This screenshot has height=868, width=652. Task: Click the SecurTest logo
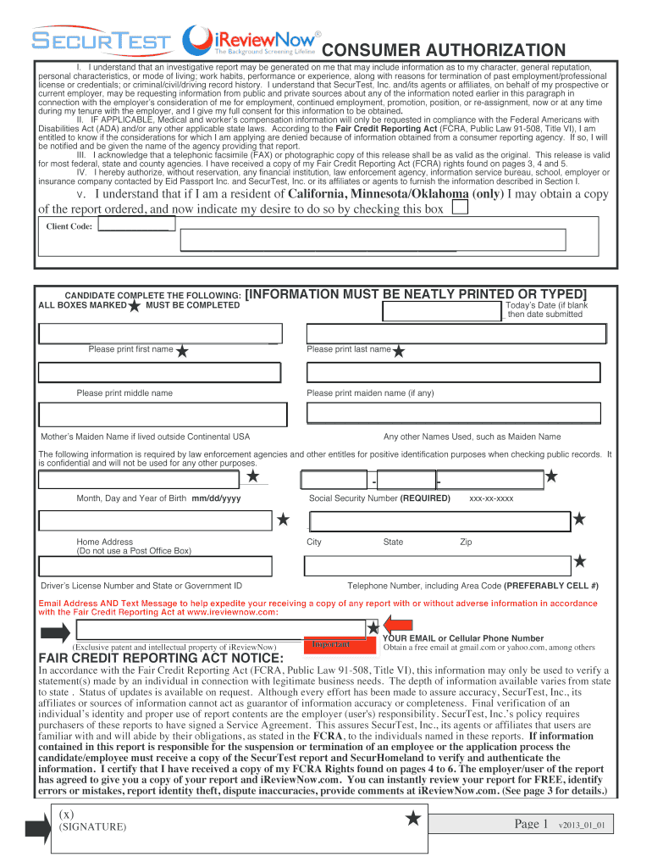click(x=101, y=42)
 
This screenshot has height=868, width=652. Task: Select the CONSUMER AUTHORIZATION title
click(x=443, y=50)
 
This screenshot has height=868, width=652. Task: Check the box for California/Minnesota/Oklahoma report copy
click(x=458, y=209)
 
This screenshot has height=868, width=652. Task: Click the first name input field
click(x=158, y=333)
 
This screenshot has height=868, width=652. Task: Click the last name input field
click(x=455, y=333)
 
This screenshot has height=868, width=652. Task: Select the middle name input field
click(x=158, y=372)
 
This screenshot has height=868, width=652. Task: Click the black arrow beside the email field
click(x=55, y=632)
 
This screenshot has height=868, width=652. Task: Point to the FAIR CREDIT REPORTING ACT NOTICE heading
click(x=149, y=659)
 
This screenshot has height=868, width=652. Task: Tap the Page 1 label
click(x=532, y=824)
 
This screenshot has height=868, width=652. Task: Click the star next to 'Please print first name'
click(x=182, y=350)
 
